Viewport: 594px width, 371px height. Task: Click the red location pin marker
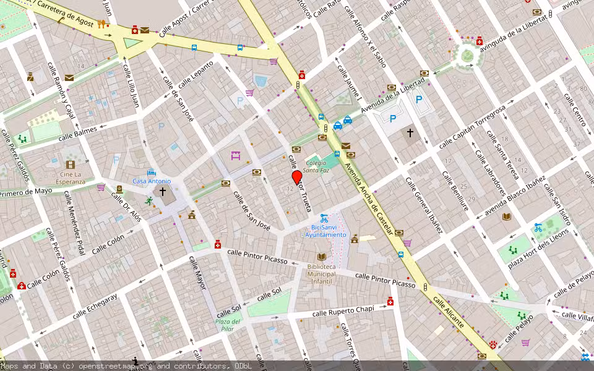point(296,177)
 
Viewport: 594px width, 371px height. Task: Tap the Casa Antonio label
point(151,181)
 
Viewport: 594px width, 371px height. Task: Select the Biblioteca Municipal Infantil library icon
point(321,257)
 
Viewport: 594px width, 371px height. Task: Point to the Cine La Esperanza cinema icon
point(70,164)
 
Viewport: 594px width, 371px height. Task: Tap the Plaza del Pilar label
point(228,325)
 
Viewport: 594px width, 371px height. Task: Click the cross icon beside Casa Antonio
point(163,192)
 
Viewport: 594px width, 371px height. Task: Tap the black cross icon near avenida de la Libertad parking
point(409,132)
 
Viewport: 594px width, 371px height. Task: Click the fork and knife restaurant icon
point(101,24)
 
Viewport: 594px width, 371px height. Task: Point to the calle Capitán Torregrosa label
point(471,127)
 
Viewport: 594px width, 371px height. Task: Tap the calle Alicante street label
point(448,312)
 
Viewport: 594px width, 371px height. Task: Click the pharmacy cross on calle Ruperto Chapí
point(390,302)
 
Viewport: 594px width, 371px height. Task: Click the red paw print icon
point(493,344)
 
